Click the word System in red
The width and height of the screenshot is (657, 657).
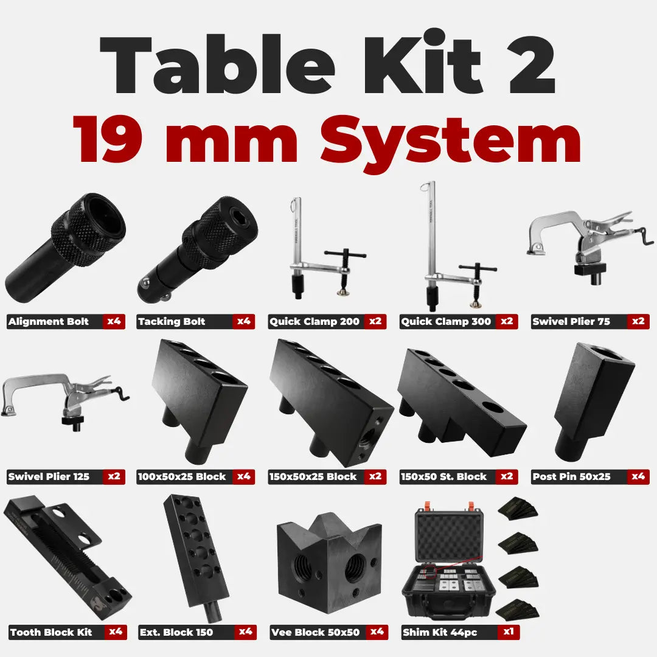pos(450,141)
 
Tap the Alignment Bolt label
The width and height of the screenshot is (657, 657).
pos(49,321)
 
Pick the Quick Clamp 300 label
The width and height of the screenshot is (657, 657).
pos(446,321)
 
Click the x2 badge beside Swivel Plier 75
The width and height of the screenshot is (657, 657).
pos(638,321)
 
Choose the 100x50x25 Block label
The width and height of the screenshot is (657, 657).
pos(182,476)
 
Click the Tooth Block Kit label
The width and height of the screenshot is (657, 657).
pos(51,632)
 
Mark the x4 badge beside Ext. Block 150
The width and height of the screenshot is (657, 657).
pos(245,631)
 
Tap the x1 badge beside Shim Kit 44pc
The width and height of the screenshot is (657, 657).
pos(508,631)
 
